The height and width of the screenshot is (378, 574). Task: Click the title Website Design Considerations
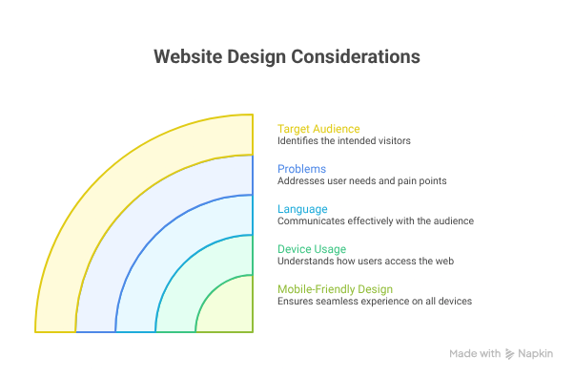click(x=286, y=56)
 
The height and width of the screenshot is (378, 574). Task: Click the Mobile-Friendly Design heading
click(x=335, y=288)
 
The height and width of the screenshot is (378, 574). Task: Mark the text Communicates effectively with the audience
click(x=375, y=221)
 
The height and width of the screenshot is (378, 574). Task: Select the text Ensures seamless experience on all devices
click(x=375, y=302)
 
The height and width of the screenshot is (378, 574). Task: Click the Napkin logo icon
click(x=510, y=354)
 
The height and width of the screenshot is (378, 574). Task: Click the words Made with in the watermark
click(x=475, y=354)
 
